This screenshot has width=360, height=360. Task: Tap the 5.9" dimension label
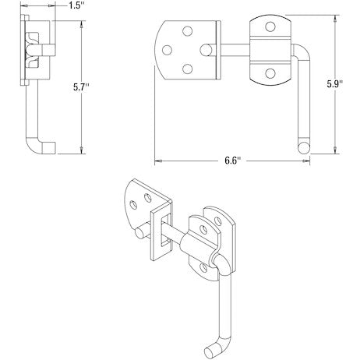point(348,81)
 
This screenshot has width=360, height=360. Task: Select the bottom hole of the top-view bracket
point(270,73)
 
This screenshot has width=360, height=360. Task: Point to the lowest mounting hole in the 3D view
point(205,266)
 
